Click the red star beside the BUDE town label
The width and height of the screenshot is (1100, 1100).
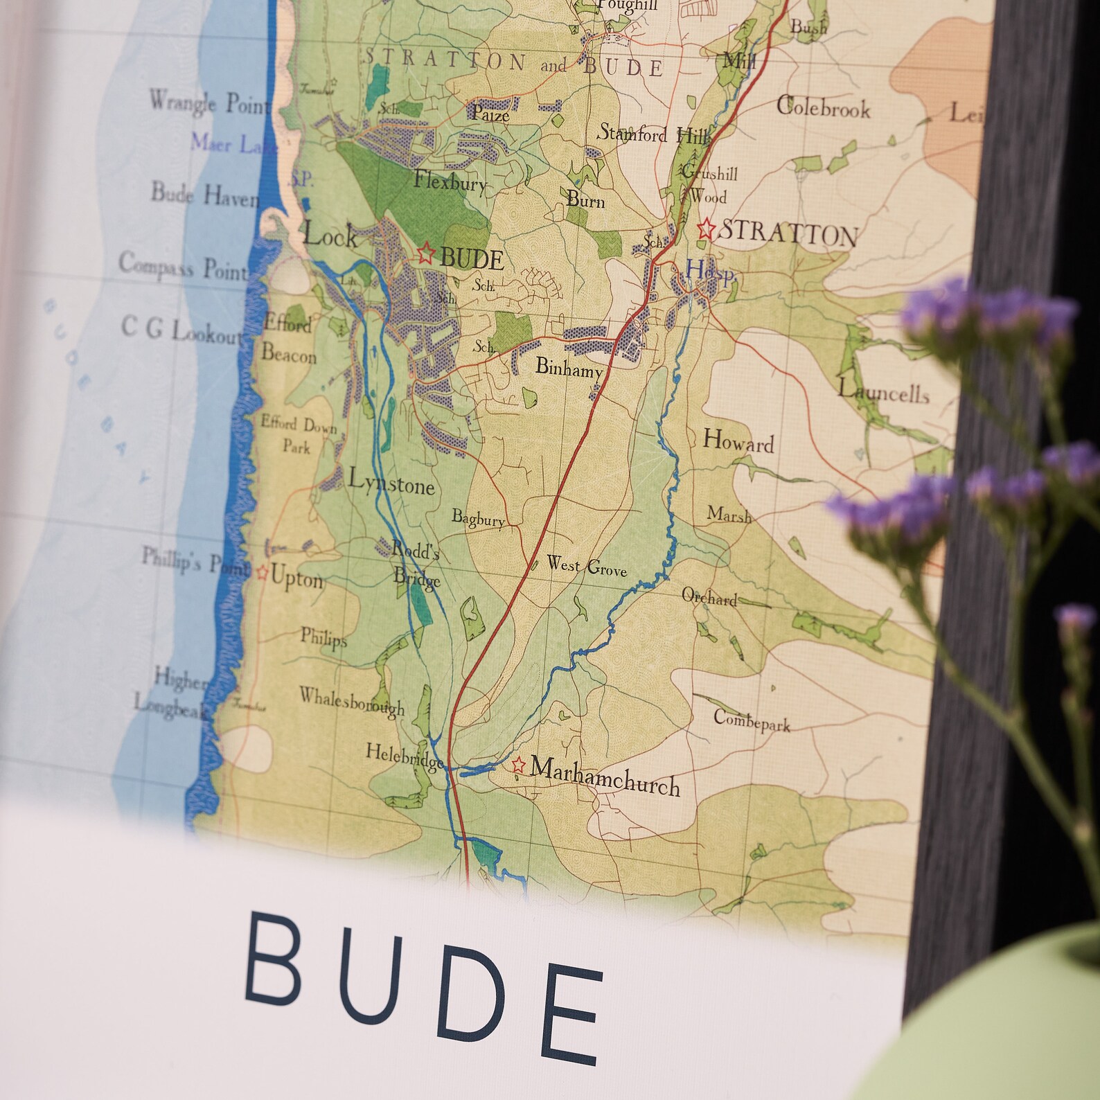[425, 253]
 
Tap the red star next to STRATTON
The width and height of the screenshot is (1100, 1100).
[706, 228]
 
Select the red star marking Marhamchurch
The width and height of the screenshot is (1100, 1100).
[517, 765]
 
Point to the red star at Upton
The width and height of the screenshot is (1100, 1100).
[262, 572]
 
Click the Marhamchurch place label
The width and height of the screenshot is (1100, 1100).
[605, 777]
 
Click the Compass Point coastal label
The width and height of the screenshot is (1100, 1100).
[183, 267]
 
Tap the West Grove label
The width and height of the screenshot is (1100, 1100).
[587, 566]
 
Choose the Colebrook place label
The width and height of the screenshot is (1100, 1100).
[823, 107]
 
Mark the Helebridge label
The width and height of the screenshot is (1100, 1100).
[405, 756]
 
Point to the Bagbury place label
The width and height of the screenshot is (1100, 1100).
[478, 518]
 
